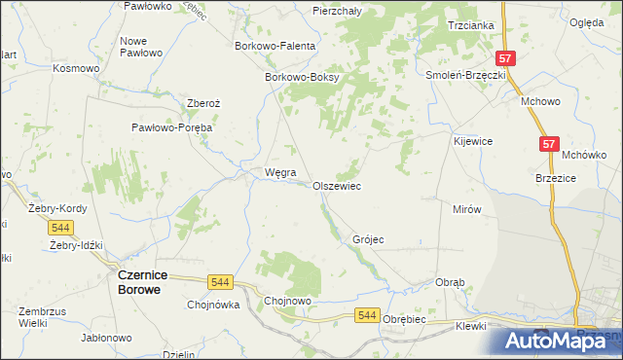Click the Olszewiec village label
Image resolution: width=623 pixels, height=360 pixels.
tap(337, 185)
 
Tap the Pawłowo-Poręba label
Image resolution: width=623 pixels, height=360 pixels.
tap(172, 126)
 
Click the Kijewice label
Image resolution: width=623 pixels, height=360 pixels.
tap(473, 141)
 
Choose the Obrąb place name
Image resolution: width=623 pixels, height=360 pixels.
tap(450, 282)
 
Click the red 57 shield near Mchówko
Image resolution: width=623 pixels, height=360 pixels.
tap(550, 144)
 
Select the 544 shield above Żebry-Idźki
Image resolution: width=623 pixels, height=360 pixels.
tap(60, 227)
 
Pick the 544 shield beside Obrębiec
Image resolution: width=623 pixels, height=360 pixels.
tap(367, 315)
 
